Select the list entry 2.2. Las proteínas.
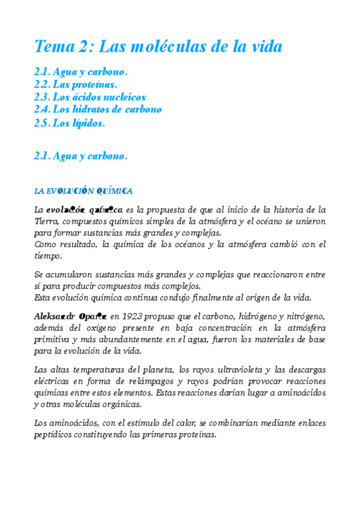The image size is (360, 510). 76,85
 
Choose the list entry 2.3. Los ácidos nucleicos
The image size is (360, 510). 90,97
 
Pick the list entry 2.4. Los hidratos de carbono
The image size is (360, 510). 98,110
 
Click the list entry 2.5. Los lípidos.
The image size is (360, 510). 70,123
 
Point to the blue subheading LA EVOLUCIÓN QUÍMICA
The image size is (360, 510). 84,191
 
